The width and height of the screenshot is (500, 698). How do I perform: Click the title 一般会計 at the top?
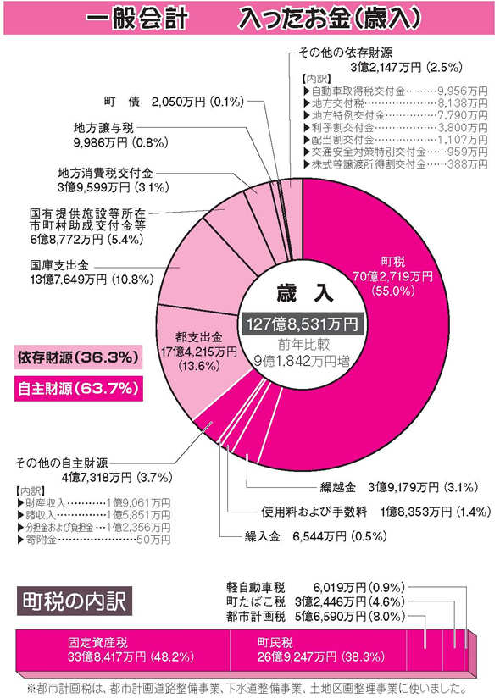tap(136, 17)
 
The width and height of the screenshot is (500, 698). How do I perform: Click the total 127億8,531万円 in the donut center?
tap(303, 324)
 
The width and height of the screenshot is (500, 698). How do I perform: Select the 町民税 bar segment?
tap(322, 649)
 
